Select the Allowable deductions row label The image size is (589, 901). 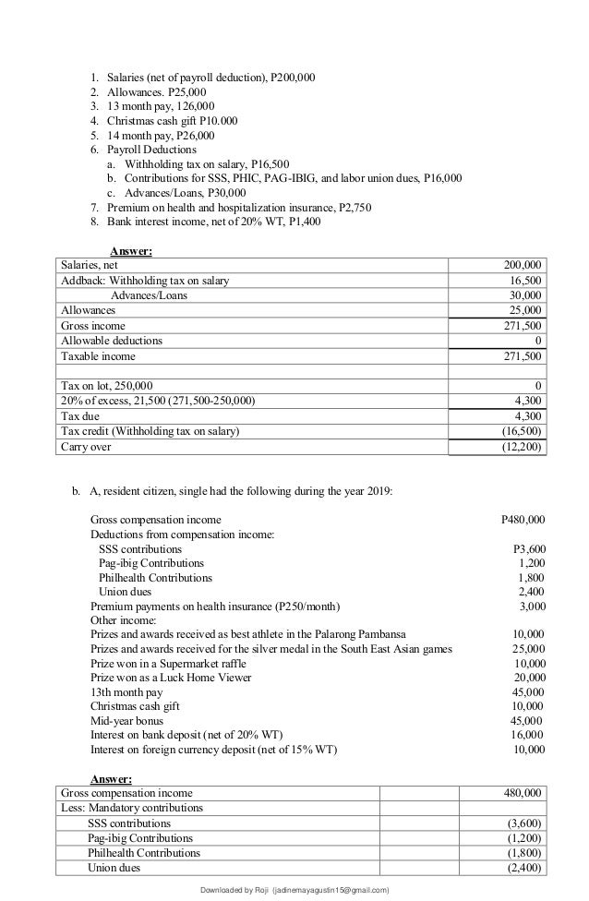[x=111, y=340]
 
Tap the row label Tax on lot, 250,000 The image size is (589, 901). [x=106, y=385]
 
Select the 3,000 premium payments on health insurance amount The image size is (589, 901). [x=531, y=606]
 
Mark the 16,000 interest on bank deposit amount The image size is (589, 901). [x=527, y=734]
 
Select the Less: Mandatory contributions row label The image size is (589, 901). [x=131, y=808]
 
